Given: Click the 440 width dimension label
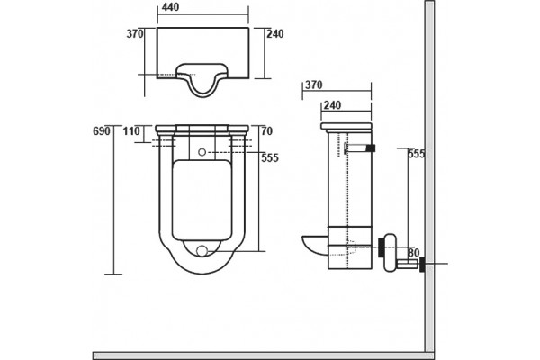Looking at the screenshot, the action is pos(170,7).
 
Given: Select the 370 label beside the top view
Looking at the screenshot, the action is pos(135,34).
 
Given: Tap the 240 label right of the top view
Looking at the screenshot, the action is pos(275,34).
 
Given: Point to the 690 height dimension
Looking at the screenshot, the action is pos(102,131).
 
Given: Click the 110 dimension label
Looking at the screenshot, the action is pos(131,131).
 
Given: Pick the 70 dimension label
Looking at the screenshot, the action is pos(267,131).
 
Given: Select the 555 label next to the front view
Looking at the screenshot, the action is pos(270,158).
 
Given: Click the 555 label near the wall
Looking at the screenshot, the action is pos(417,154).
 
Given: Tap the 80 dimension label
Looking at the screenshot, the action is pos(414,253).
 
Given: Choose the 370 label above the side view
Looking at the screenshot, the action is pos(314,85).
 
